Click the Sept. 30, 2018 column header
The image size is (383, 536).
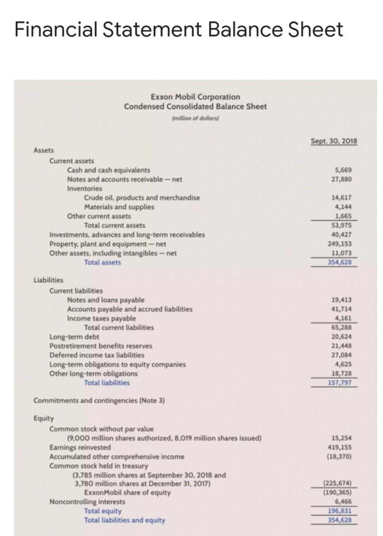[x=334, y=141]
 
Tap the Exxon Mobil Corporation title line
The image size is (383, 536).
[x=195, y=97]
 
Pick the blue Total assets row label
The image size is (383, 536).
[x=102, y=262]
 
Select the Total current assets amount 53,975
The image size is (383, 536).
[x=341, y=225]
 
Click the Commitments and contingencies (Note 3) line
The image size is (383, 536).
[x=99, y=401]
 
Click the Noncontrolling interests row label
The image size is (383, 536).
[x=87, y=502]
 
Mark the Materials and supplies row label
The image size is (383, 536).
[x=119, y=207]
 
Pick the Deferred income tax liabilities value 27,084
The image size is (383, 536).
[x=341, y=355]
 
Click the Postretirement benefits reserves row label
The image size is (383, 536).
[x=101, y=346]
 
